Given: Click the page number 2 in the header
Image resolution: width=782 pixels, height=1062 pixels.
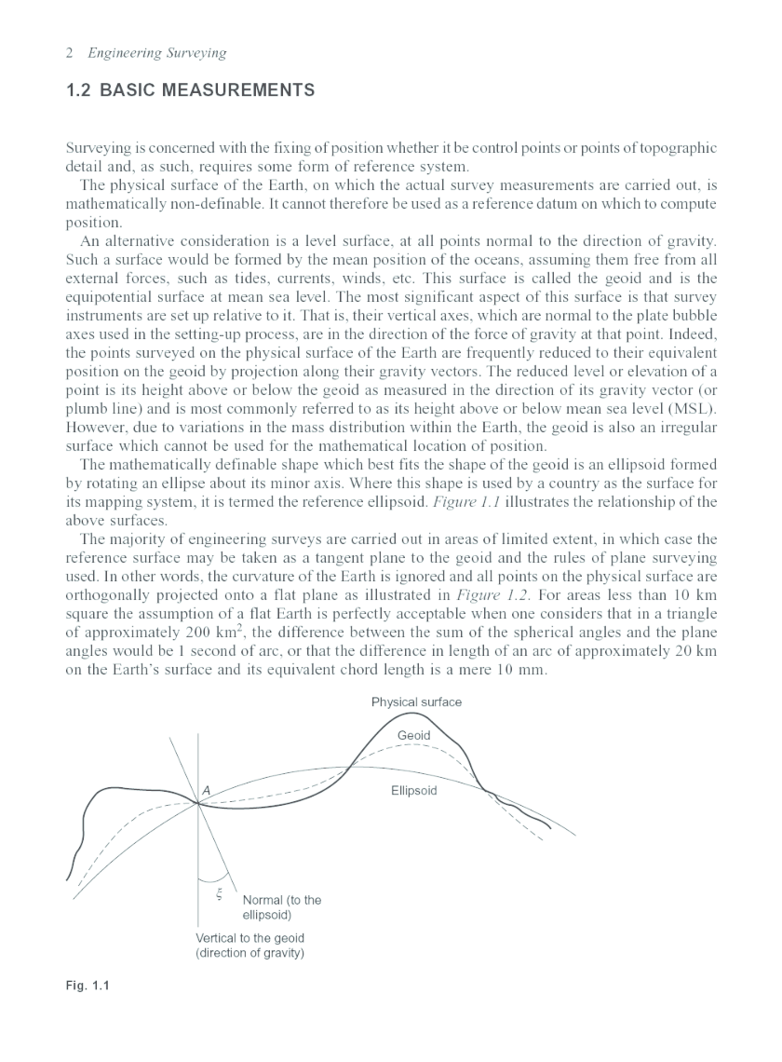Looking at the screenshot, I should tap(71, 53).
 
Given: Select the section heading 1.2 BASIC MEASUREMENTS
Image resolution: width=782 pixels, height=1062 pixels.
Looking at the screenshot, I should tap(191, 91).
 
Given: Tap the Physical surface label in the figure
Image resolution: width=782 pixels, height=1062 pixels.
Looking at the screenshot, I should tap(416, 701).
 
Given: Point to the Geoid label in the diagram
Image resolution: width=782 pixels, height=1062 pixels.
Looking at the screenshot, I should tap(413, 736).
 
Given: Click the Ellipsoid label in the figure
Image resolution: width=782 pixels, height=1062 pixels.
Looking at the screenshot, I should tap(413, 791).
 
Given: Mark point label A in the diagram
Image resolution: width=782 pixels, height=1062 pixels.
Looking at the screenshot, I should tap(206, 790).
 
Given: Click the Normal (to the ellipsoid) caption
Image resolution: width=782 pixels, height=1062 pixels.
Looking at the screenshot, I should tap(281, 907).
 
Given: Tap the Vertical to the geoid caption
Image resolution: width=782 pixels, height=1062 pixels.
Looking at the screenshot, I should tap(249, 946).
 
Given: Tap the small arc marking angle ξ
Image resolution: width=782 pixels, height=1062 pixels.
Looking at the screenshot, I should tap(215, 878).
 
